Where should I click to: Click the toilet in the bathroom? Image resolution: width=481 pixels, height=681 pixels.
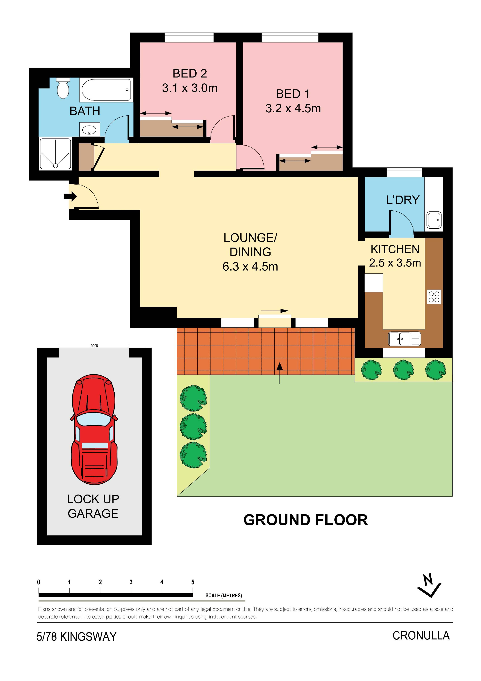63,88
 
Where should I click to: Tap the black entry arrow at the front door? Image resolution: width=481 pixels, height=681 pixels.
70,196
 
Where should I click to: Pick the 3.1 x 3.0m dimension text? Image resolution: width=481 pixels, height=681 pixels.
190,88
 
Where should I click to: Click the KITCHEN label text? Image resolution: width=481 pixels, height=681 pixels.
395,249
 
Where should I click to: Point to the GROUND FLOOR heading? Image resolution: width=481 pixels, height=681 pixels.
306,520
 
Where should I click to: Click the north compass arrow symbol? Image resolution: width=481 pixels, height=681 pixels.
429,586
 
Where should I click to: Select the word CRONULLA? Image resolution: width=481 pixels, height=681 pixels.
421,636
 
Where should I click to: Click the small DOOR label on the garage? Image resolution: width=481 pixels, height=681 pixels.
94,346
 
